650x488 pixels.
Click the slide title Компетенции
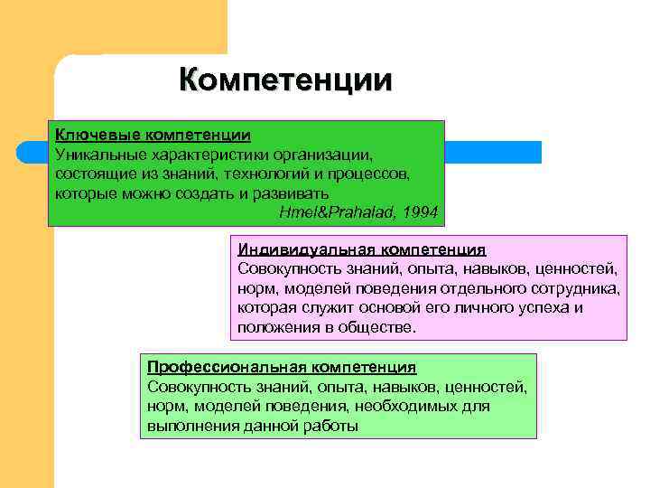(285, 80)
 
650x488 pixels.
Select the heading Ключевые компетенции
(153, 136)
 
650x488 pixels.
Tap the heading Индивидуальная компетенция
(362, 249)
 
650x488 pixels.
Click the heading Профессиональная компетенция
(282, 368)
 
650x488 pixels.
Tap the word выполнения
(188, 426)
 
